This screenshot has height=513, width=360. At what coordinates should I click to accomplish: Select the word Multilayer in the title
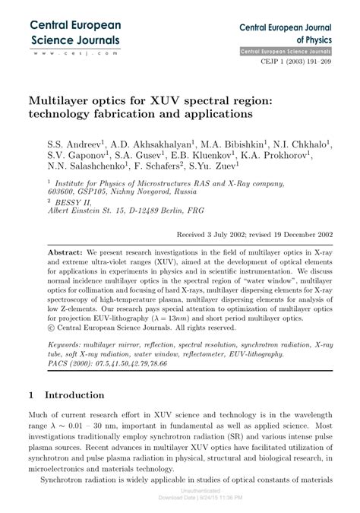point(66,100)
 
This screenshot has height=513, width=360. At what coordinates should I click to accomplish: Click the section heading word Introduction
point(74,396)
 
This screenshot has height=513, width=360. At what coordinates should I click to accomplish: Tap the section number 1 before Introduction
point(30,396)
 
